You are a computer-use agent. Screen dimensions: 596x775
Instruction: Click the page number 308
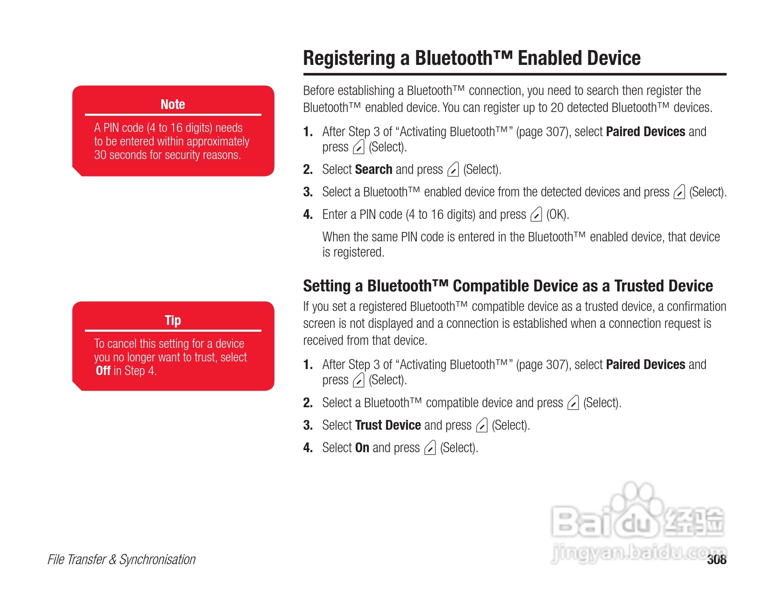pos(716,560)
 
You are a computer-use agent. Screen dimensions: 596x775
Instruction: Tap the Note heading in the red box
pos(173,104)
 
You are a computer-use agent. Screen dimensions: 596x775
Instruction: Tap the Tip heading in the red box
pos(173,320)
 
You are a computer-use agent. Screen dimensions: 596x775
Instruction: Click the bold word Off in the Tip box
pos(103,371)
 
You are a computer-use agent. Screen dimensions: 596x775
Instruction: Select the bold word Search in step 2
pos(373,169)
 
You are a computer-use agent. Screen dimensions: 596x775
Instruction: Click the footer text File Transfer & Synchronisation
pos(121,560)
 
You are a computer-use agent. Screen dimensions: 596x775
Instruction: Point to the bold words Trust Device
pos(388,425)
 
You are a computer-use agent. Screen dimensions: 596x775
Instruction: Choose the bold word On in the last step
pos(362,448)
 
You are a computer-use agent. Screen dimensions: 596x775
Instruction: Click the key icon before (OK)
pos(536,215)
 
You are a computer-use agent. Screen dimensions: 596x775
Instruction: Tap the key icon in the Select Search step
pos(453,170)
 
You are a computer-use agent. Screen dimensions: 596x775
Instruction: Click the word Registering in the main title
pos(349,58)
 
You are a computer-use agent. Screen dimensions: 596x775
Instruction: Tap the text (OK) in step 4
pos(557,215)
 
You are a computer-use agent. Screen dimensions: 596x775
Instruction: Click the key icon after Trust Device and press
pos(482,425)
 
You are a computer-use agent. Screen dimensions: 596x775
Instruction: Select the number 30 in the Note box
pos(100,155)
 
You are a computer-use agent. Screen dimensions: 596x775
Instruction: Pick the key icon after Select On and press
pos(430,448)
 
